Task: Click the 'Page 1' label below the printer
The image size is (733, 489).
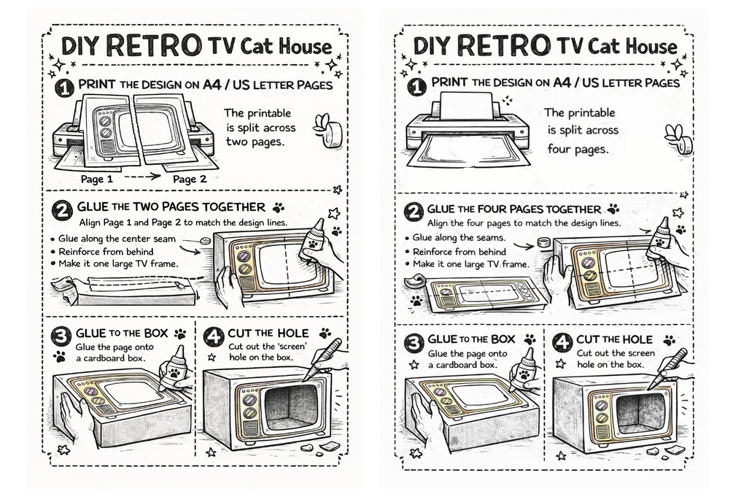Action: point(96,179)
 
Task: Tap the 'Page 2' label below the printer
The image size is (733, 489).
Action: point(190,179)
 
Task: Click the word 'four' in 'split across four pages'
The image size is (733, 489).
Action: point(562,147)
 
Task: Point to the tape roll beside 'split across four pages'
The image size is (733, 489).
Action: point(679,138)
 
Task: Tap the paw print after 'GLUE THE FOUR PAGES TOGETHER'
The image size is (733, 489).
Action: point(613,209)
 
